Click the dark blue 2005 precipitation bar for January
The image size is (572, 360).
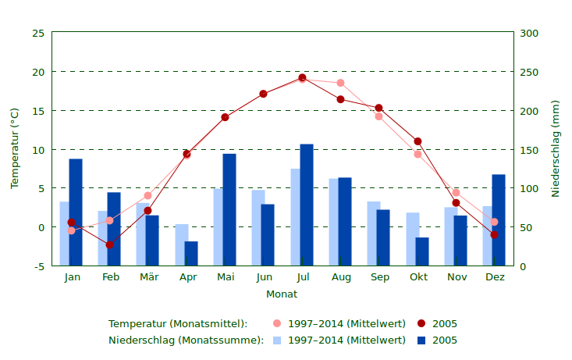76,212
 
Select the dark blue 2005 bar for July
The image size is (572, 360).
307,205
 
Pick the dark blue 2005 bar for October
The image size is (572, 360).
422,251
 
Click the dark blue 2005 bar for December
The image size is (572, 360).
499,220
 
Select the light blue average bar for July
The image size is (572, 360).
295,217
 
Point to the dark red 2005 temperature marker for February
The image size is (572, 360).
109,245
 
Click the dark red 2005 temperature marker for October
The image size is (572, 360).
418,141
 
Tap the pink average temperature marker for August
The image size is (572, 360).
340,83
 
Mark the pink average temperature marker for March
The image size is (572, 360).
147,195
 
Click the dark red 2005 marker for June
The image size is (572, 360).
264,94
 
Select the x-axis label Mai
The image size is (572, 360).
226,277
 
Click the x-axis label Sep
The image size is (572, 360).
380,277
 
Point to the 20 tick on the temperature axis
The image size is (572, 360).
37,72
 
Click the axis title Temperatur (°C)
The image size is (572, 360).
15,148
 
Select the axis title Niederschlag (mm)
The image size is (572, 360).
556,148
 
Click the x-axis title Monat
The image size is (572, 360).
282,294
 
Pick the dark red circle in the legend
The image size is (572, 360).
421,323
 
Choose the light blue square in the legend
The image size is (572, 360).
277,340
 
